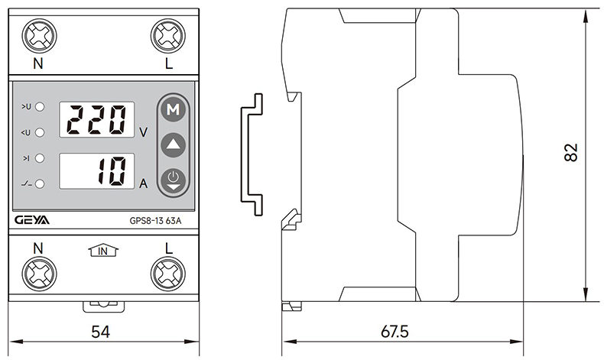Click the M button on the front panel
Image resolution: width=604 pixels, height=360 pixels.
coord(174,110)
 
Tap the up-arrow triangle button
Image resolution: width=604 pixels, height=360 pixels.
coord(174,144)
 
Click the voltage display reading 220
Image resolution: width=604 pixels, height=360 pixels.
coord(96,119)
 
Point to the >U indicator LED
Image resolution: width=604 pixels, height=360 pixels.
coord(40,106)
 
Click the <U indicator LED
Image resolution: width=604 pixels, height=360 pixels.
coord(40,132)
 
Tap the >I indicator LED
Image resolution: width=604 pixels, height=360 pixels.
coord(40,158)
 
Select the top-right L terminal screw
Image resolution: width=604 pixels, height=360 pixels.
coord(167,35)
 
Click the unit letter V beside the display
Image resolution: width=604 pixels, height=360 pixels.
coord(144,131)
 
